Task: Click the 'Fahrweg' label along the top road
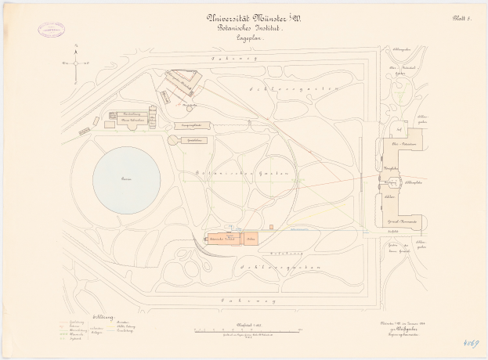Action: [x=235, y=57]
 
